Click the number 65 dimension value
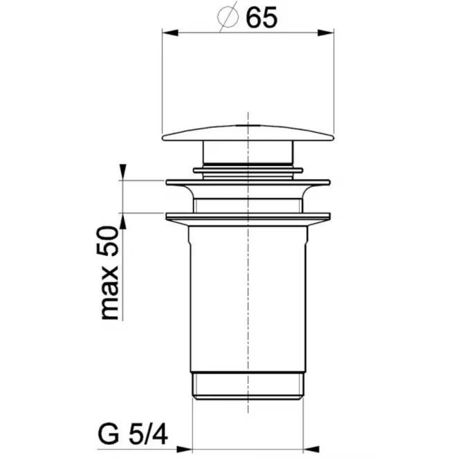261,17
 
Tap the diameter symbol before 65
228,17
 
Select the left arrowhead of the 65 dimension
170,33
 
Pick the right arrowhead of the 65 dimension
326,33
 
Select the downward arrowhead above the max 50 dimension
123,172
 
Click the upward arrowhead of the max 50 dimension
123,221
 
